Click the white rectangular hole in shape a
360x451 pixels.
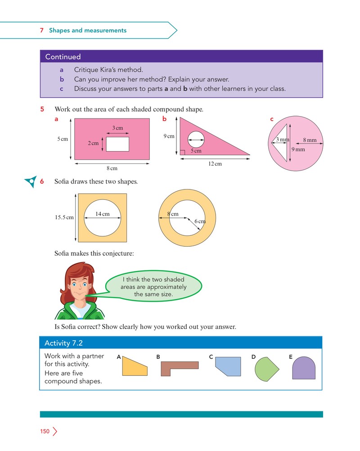117,144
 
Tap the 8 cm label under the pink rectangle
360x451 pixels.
112,168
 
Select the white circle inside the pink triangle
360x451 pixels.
196,140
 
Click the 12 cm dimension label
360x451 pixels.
215,164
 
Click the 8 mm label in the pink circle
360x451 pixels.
310,140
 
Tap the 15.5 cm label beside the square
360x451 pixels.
64,217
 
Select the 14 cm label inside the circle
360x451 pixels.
102,214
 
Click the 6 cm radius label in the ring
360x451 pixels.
200,221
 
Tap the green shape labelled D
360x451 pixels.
266,369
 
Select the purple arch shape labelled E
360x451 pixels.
304,368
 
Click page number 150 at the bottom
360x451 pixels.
45,431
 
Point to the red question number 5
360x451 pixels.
42,109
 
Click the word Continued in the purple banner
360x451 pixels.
63,57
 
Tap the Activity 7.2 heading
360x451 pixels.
63,343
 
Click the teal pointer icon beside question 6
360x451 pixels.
31,181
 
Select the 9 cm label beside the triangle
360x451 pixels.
169,136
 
